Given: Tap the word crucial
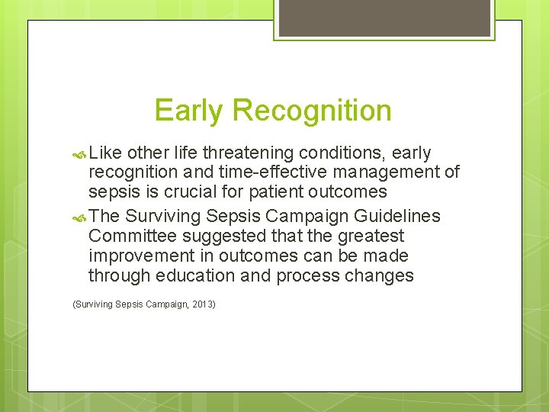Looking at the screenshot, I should (191, 192).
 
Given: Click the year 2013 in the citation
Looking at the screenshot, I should (203, 304).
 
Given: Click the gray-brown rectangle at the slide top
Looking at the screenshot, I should (383, 18).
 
